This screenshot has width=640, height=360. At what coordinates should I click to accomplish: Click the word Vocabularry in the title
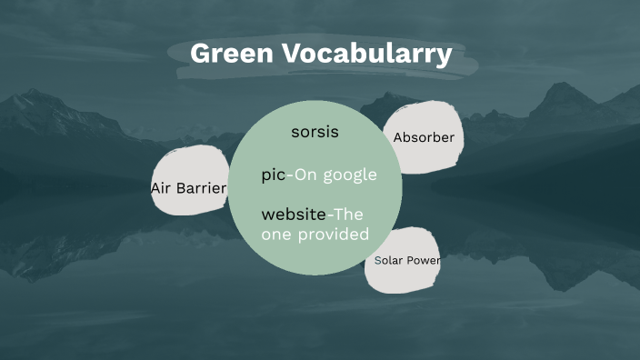pos(364,55)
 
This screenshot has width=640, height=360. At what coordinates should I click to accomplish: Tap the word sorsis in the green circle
pos(315,132)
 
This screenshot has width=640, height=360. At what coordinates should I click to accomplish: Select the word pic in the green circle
pos(273,175)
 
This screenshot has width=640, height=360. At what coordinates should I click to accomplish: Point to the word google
pos(353,175)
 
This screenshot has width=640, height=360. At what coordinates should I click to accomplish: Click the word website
pos(293,215)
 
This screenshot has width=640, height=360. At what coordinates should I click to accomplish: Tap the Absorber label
pos(423,138)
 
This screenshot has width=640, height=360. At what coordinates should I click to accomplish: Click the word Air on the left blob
pos(161,188)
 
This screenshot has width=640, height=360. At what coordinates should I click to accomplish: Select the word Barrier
pos(201,188)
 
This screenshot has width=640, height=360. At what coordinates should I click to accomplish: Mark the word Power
pos(424,261)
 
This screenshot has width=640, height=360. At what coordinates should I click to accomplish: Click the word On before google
pos(304,175)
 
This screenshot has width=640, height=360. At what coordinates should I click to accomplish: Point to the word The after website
pos(348,215)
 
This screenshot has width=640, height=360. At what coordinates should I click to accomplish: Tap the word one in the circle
pos(275,235)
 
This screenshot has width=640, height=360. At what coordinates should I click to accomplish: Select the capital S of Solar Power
pos(378,261)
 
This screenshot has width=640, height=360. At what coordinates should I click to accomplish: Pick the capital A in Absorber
pos(398,138)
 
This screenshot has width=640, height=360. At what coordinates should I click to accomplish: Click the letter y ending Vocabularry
pos(444,56)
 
